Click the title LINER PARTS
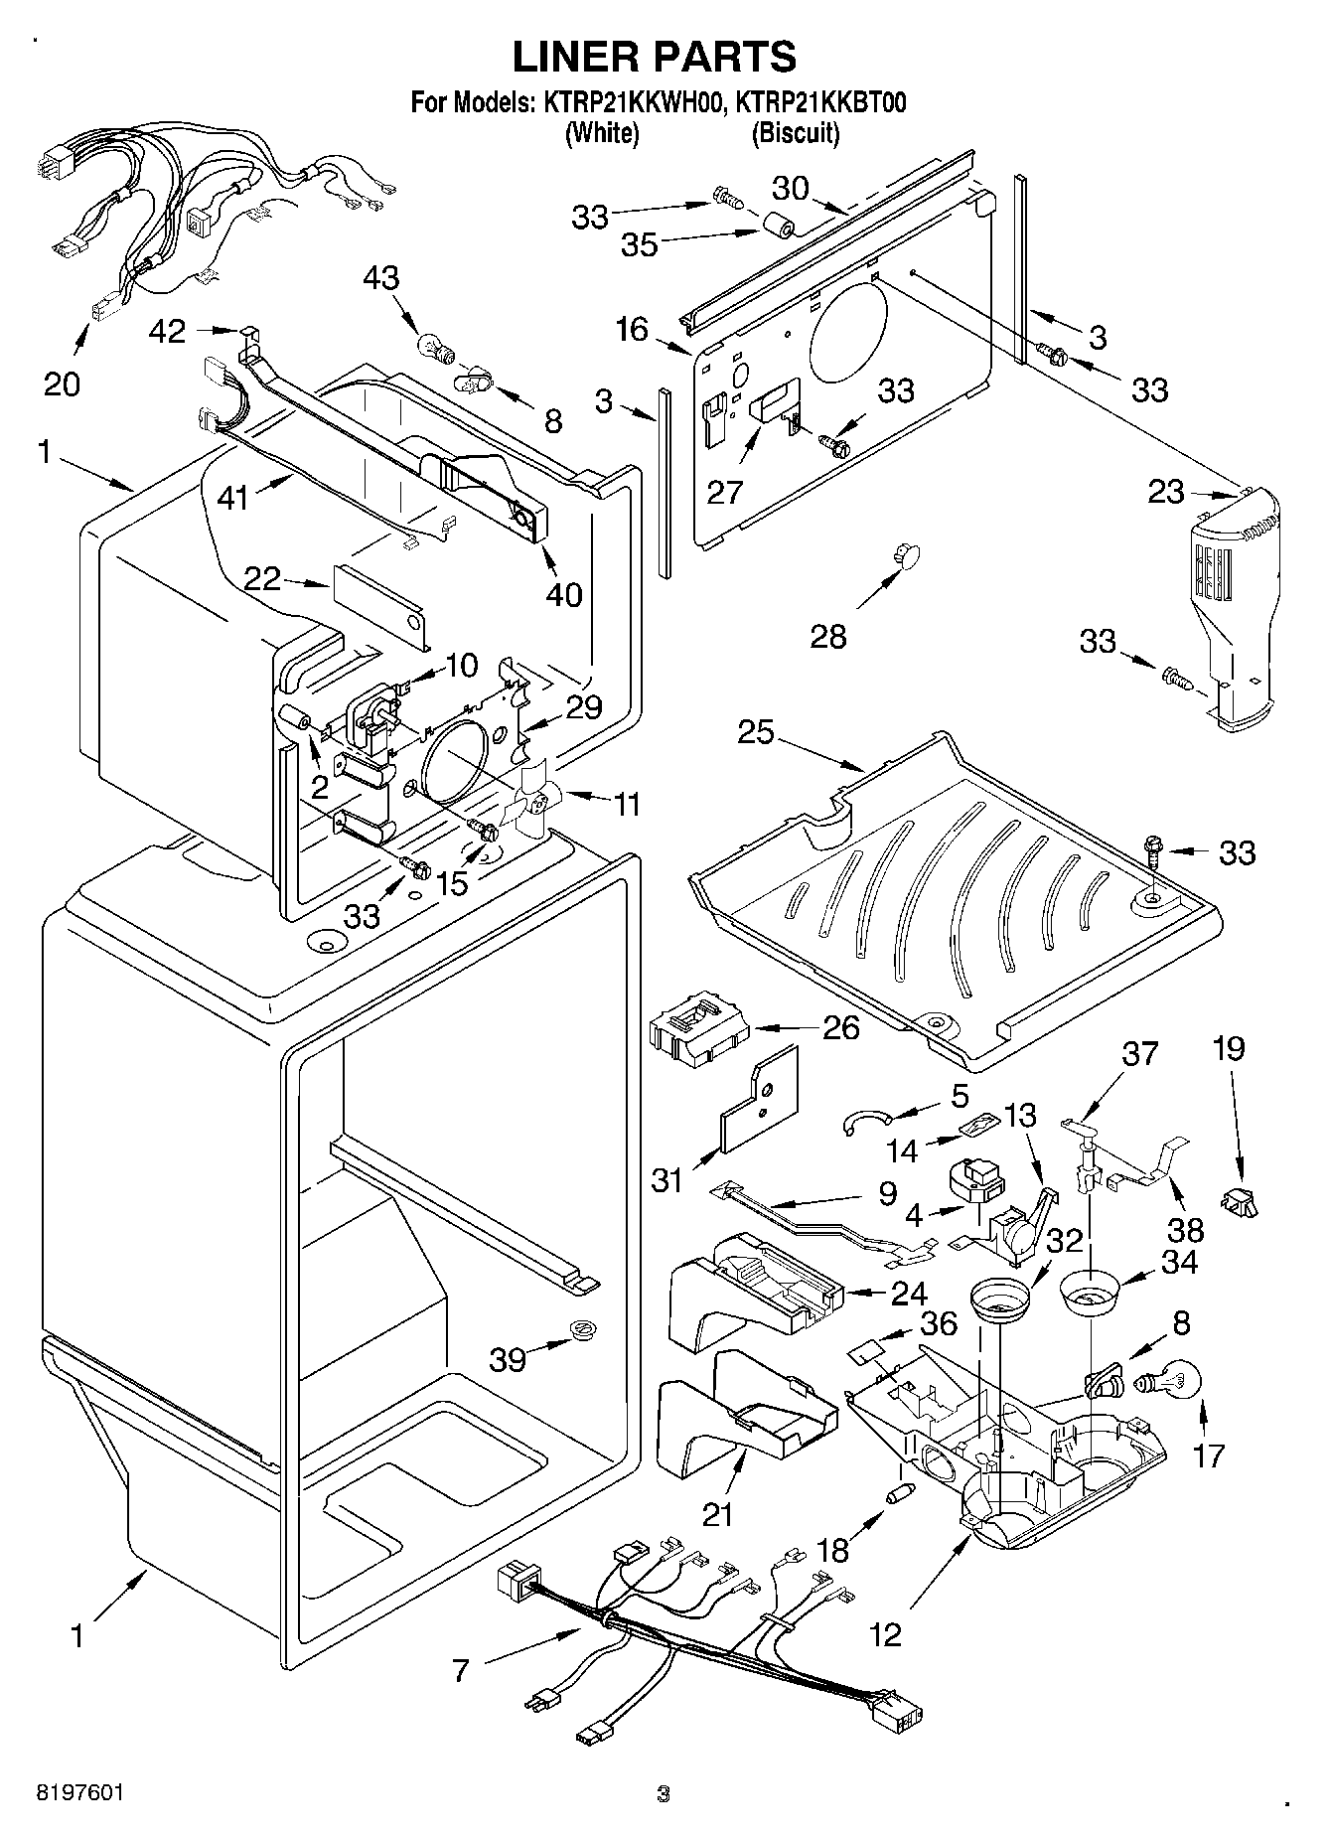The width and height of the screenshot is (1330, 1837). point(654,57)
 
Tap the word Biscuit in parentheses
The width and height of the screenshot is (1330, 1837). point(796,133)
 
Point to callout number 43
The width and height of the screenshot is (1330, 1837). point(380,277)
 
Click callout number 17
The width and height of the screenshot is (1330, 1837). point(1209,1455)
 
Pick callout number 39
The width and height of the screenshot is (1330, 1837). point(508,1358)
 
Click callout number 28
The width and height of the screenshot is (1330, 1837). point(828,635)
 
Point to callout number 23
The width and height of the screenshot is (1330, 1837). point(1166,491)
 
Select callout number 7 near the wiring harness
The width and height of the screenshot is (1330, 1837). point(460,1671)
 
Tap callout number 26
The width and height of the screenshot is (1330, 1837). point(841,1027)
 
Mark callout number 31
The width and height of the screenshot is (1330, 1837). point(666,1179)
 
